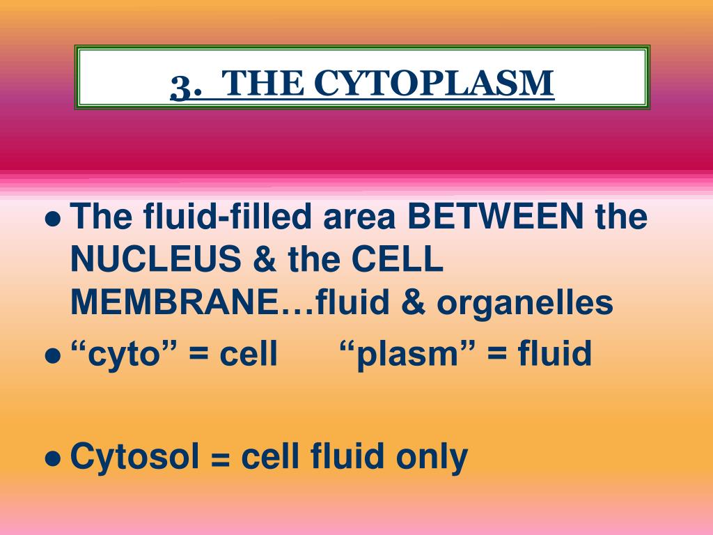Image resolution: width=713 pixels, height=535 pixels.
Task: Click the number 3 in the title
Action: tap(182, 87)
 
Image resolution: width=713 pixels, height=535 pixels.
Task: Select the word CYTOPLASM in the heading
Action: tap(434, 83)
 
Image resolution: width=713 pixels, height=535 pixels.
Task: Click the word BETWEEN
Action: tap(495, 216)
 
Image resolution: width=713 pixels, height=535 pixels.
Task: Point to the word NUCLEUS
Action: tap(156, 259)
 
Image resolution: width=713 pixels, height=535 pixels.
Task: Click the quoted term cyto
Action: tap(124, 354)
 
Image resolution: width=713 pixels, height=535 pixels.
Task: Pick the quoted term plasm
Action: tap(407, 354)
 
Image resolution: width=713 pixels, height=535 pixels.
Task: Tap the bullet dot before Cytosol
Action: tap(53, 459)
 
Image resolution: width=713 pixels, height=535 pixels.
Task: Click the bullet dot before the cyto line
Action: tap(53, 356)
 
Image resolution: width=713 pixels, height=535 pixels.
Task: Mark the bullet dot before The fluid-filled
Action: tap(53, 219)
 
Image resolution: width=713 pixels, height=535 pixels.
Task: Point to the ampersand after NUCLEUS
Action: tap(265, 259)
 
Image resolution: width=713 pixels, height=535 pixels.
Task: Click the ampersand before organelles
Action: tap(413, 302)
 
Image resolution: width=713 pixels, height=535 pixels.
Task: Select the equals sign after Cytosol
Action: tap(221, 460)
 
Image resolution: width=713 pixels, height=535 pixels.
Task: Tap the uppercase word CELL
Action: tap(398, 259)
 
